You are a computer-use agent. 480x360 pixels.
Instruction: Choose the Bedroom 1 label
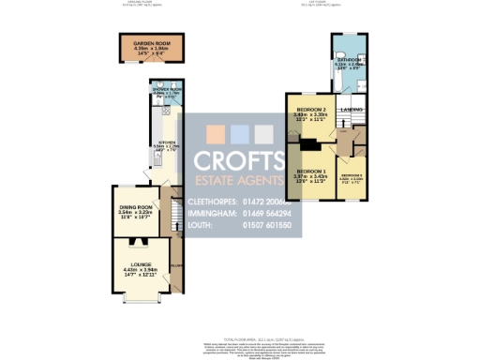tap(308, 171)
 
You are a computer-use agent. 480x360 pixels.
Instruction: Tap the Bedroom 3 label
tap(352, 175)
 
